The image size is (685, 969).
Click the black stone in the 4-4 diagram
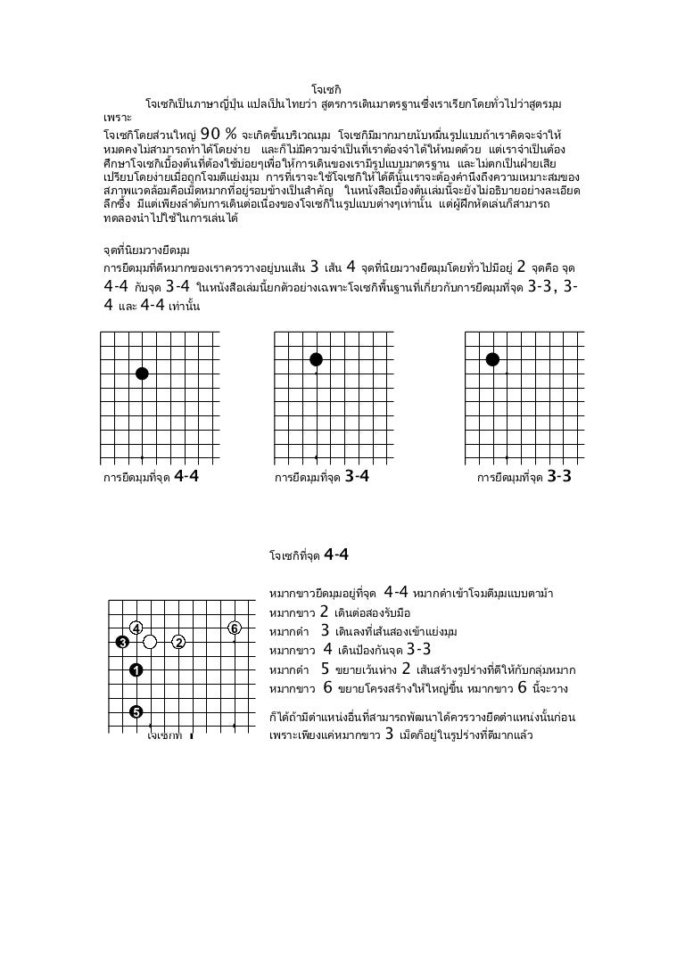[142, 374]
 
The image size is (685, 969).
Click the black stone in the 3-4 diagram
[315, 359]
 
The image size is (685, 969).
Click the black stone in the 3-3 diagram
[491, 359]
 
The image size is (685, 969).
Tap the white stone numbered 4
[136, 628]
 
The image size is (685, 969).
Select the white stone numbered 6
[235, 628]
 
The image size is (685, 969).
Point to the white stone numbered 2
[178, 642]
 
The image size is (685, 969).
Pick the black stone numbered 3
[122, 642]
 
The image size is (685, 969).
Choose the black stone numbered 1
[136, 670]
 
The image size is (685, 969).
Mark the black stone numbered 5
[136, 711]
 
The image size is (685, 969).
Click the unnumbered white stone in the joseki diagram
[150, 642]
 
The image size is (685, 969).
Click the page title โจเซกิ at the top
[325, 89]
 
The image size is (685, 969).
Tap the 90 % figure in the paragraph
[219, 133]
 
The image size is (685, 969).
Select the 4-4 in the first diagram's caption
[186, 475]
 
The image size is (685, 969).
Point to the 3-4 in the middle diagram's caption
[357, 475]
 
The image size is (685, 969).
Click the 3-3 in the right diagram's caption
[559, 475]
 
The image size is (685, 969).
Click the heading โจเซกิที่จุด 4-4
[308, 554]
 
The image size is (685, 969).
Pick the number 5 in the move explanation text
[325, 669]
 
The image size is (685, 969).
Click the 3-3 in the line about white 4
[418, 649]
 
